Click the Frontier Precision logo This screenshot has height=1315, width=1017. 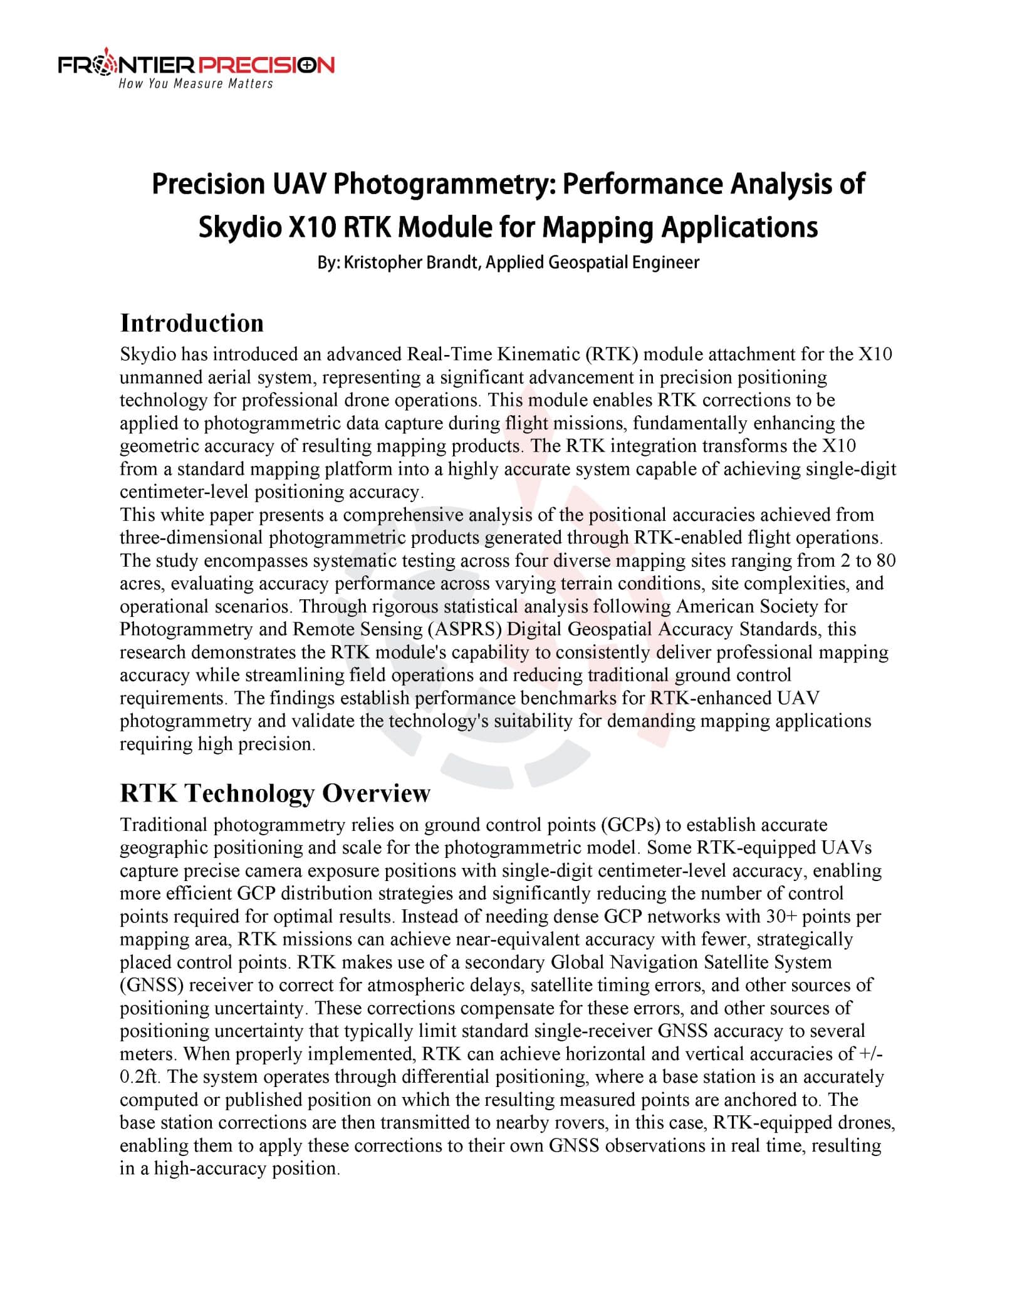[196, 65]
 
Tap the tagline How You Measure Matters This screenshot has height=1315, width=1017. [196, 84]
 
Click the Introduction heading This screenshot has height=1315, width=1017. [192, 323]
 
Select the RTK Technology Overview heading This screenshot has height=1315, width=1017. [275, 793]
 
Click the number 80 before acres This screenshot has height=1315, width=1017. [886, 560]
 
